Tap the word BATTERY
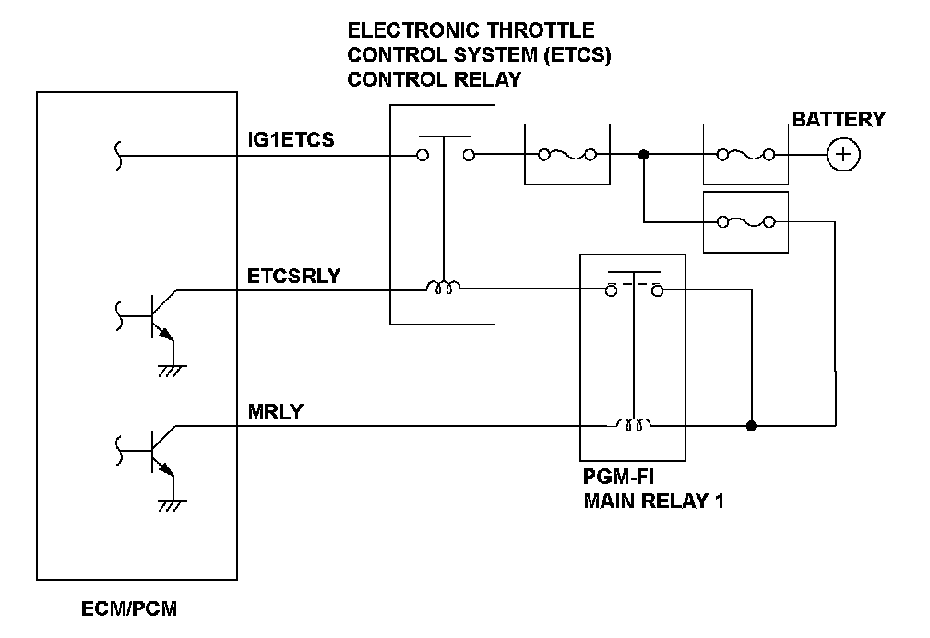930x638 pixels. pos(838,120)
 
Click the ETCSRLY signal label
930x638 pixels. pos(292,275)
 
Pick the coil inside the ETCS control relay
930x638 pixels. pos(444,289)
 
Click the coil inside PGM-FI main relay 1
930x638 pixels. pos(633,425)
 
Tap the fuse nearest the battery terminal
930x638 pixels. pos(745,155)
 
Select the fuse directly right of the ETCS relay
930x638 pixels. pos(566,155)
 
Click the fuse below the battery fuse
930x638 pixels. pos(745,221)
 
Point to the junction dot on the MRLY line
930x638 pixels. pos(752,426)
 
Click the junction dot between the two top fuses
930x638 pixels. pos(644,155)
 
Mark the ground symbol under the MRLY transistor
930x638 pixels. pos(169,504)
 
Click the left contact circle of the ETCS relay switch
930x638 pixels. pos(422,155)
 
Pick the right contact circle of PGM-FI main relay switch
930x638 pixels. pos(658,290)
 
